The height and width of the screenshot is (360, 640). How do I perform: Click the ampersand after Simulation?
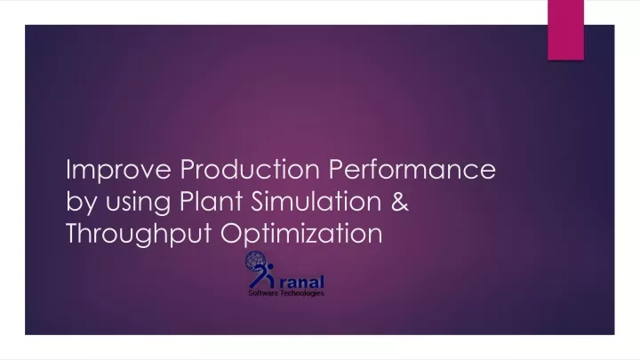point(398,203)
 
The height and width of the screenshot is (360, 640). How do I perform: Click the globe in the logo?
point(257,266)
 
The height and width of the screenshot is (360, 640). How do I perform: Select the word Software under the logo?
point(262,294)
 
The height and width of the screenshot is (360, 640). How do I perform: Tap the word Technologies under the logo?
point(303,294)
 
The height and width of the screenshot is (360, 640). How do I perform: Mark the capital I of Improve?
point(70,170)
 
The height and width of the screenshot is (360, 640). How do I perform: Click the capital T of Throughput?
point(74,235)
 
